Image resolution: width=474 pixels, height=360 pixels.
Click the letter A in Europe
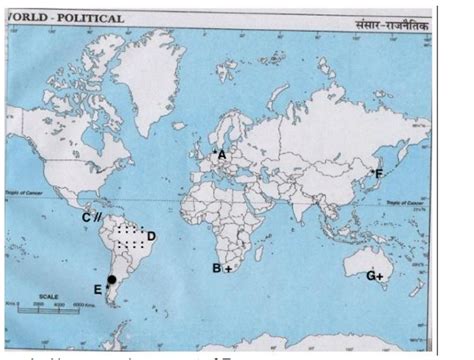pos(223,155)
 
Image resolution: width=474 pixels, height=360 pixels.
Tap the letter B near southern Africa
pos(216,268)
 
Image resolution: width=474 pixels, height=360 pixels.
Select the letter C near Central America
pos(86,216)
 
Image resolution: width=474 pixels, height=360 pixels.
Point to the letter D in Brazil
pos(151,237)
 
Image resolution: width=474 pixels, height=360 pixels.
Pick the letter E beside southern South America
pos(97,290)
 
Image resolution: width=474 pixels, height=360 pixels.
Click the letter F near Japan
pos(380,174)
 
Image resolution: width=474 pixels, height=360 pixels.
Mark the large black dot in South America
pos(112,280)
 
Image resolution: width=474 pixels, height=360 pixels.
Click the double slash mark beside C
pos(98,216)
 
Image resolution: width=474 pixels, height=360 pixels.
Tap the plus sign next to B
pos(228,269)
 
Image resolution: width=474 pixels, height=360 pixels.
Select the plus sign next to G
pos(381,275)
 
